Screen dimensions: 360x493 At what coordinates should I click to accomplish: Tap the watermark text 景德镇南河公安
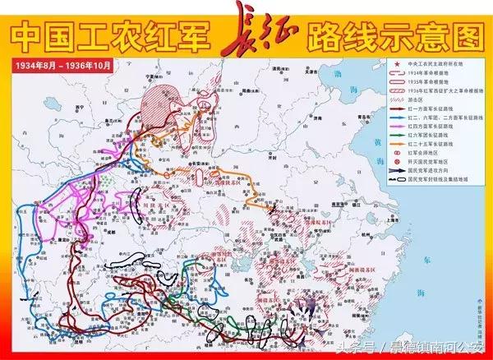(x=435, y=346)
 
